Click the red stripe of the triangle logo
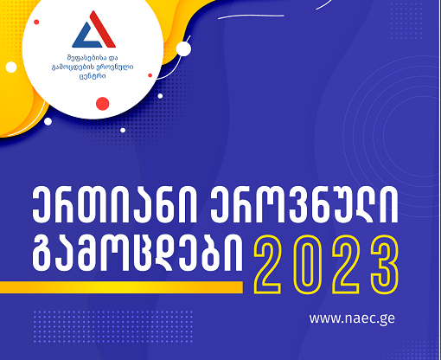click(102, 29)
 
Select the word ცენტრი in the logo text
click(93, 76)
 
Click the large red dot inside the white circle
click(102, 104)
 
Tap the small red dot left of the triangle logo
click(36, 22)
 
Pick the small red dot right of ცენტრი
click(150, 75)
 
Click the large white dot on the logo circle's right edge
click(183, 48)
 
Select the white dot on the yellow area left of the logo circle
click(11, 67)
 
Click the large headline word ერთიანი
click(114, 205)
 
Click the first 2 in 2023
click(267, 265)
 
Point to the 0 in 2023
click(307, 265)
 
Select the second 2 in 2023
click(346, 265)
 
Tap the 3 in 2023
click(385, 265)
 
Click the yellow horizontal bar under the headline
click(121, 287)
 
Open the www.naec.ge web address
click(352, 318)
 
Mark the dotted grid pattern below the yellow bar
click(113, 326)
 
